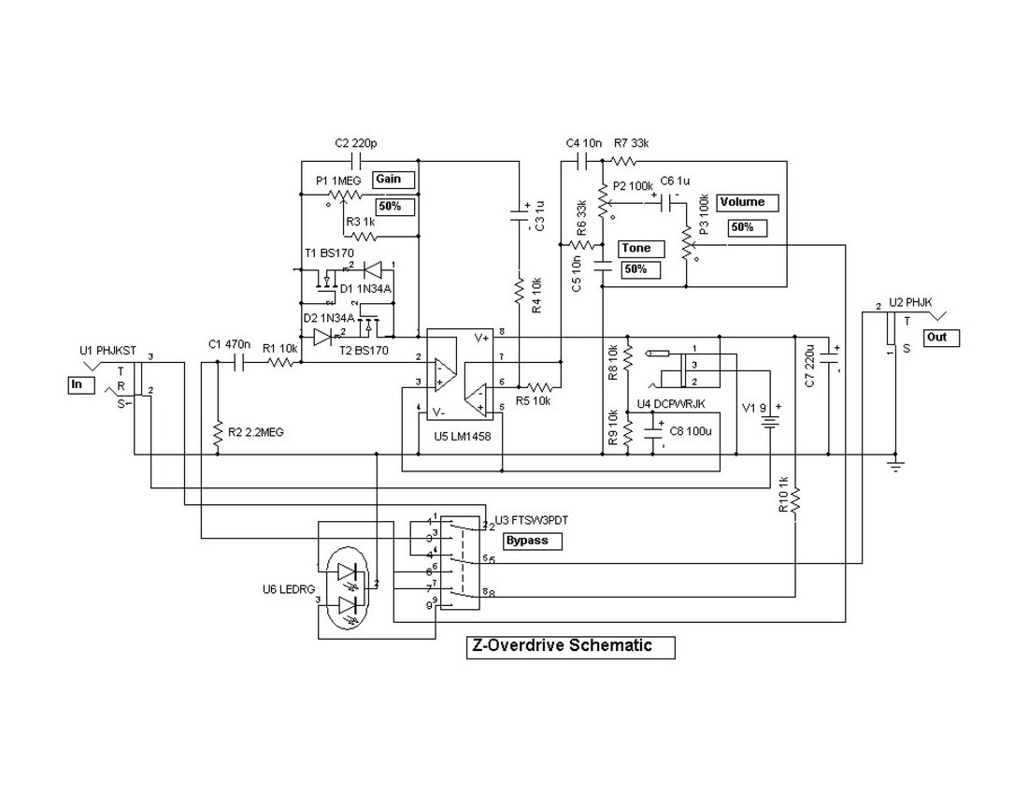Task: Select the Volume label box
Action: click(x=746, y=202)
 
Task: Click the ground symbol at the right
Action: click(x=895, y=465)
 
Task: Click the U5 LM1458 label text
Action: click(x=461, y=436)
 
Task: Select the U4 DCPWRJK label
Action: click(x=670, y=403)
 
